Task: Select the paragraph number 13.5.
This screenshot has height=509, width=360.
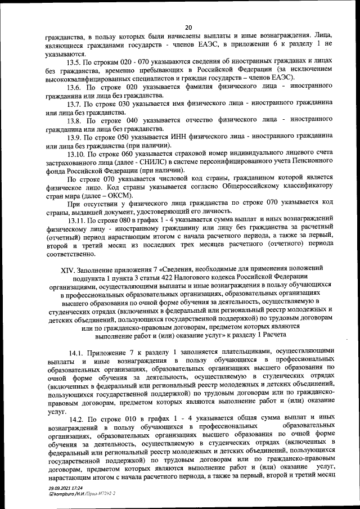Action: click(x=76, y=61)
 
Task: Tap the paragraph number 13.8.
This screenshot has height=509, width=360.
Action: click(x=76, y=120)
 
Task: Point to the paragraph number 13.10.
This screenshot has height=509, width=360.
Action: click(x=78, y=154)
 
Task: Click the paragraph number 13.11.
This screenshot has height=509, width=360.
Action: click(x=78, y=220)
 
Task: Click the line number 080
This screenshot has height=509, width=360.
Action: click(x=123, y=220)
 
